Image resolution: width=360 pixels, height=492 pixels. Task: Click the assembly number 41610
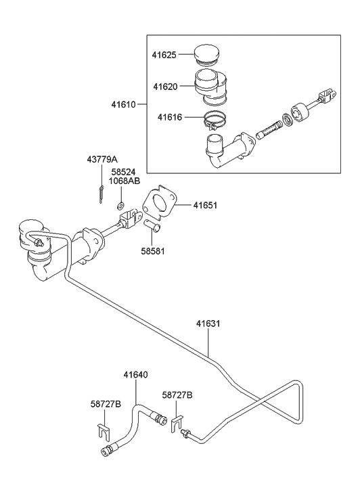coord(124,104)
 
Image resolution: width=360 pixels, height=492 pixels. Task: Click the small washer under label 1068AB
coord(120,205)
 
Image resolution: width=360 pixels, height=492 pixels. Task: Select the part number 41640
coord(135,374)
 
